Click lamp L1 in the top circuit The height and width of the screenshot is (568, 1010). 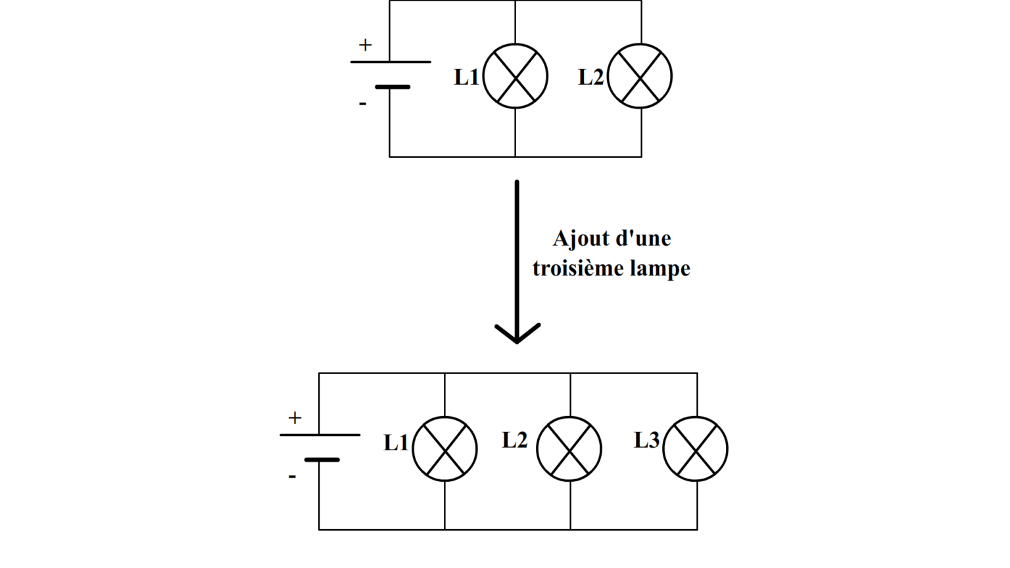(x=516, y=76)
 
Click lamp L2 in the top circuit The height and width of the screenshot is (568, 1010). (x=640, y=76)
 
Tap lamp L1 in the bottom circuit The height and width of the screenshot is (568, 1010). (x=445, y=449)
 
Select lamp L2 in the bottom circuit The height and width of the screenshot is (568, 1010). (x=569, y=449)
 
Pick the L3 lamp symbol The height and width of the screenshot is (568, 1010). (x=696, y=449)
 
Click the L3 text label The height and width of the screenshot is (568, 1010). (x=646, y=440)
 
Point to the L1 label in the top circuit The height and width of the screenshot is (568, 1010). (x=467, y=77)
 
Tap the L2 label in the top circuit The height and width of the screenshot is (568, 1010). (x=590, y=77)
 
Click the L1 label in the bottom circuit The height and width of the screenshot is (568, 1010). (x=396, y=443)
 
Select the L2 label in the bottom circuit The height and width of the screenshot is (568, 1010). (x=514, y=440)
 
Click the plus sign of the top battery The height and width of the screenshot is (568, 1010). (x=365, y=45)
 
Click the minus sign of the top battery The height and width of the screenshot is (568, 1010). (x=362, y=103)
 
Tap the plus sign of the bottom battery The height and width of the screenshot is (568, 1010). (x=295, y=417)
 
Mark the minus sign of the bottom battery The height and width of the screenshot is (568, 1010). (x=292, y=476)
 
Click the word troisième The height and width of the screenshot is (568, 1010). (x=578, y=268)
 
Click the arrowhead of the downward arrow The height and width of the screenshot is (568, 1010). (x=517, y=335)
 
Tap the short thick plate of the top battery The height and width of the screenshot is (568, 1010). (x=393, y=87)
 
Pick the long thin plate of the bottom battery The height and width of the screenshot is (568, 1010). (x=320, y=435)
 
